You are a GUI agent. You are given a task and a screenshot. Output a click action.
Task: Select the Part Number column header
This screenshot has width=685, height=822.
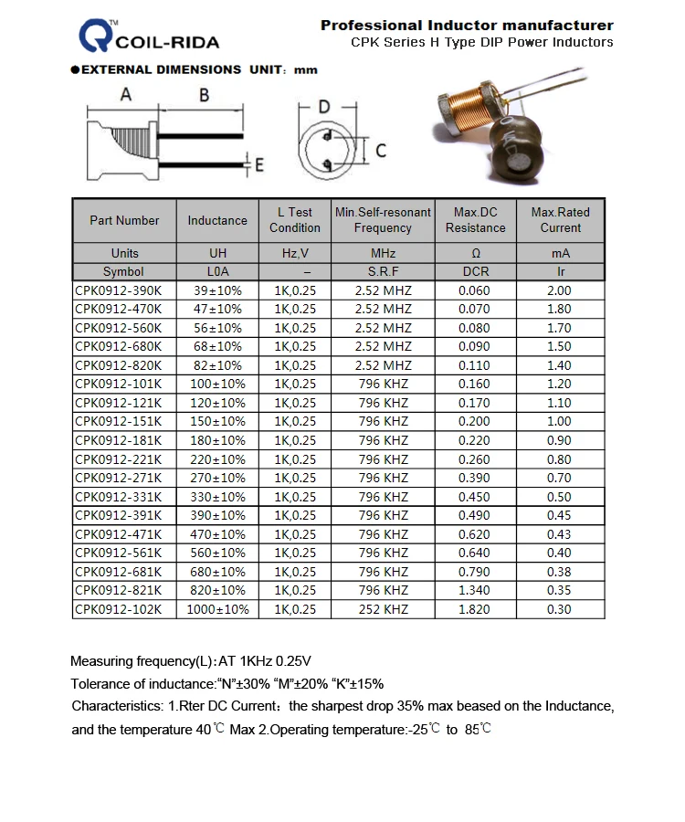click(124, 220)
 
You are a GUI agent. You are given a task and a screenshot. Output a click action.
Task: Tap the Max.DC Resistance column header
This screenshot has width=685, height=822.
click(475, 220)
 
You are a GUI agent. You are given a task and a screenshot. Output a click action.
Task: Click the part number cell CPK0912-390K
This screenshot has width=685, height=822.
click(119, 290)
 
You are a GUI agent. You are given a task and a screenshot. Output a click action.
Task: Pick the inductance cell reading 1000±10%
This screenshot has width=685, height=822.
click(217, 609)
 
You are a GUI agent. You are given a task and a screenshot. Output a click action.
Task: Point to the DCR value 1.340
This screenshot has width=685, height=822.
click(475, 590)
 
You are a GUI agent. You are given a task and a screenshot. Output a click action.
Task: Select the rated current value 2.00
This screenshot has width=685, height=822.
click(559, 290)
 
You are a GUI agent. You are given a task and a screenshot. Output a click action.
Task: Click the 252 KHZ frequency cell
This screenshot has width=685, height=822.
click(384, 609)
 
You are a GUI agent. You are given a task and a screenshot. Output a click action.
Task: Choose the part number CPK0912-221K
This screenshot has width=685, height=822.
click(119, 459)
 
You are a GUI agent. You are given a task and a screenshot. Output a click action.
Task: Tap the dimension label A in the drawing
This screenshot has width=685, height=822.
click(126, 95)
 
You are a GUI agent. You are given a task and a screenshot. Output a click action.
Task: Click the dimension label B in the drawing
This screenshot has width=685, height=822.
click(204, 95)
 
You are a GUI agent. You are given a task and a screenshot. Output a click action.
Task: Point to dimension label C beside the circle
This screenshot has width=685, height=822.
click(381, 151)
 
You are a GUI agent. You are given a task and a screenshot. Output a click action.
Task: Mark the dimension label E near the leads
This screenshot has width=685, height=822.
click(258, 165)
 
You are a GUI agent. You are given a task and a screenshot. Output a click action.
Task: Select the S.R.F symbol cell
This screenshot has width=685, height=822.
click(384, 271)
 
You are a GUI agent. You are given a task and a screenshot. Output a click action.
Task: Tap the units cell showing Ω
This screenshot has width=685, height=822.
click(475, 253)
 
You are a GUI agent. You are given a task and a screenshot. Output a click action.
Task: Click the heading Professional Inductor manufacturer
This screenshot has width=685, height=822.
click(467, 26)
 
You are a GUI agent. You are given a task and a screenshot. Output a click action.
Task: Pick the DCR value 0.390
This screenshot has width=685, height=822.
click(475, 478)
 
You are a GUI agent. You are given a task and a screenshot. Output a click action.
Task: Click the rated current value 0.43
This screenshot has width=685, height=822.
click(559, 534)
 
